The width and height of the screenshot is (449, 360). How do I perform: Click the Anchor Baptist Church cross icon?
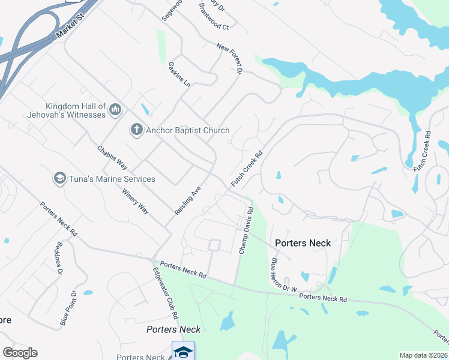(x=136, y=130)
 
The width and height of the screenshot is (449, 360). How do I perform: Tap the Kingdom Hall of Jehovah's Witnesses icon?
(x=115, y=110)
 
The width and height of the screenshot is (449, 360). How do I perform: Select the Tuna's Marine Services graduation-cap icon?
(x=59, y=178)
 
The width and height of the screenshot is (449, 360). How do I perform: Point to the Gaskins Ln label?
(x=179, y=75)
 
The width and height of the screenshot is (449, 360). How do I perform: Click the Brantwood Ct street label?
(x=214, y=19)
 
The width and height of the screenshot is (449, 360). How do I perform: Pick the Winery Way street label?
(x=135, y=202)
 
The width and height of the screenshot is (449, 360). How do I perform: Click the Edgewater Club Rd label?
(x=165, y=293)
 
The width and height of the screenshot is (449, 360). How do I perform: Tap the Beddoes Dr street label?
(x=59, y=259)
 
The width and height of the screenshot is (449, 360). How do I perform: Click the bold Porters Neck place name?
(x=303, y=243)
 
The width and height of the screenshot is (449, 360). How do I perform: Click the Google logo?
(x=20, y=353)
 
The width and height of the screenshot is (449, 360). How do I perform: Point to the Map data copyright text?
(x=423, y=355)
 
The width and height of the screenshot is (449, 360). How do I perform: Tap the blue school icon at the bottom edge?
(x=183, y=351)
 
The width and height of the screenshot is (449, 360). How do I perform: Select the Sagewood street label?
(x=171, y=11)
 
